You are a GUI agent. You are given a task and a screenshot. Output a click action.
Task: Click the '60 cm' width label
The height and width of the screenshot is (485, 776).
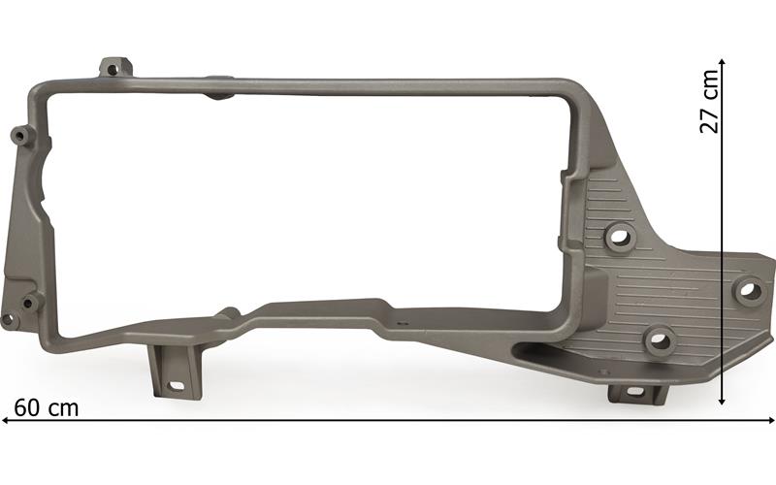coord(46,408)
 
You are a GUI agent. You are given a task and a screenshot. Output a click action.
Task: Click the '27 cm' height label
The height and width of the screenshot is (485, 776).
coord(709,102)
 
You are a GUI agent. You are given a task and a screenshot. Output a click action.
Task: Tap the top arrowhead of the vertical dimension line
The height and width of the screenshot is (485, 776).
coord(722,62)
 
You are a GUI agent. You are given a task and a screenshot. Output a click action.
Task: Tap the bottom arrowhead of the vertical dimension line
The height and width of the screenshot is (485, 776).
coord(722,401)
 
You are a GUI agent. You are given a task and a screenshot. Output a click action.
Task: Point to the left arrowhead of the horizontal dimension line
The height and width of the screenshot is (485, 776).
coord(5,421)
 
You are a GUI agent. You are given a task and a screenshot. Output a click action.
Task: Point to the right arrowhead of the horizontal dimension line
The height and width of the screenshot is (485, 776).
coord(771,421)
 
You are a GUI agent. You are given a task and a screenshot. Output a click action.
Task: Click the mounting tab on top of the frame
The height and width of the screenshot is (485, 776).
coord(115,68)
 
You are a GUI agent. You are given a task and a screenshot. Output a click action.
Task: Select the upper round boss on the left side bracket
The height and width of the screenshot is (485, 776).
coord(20,135)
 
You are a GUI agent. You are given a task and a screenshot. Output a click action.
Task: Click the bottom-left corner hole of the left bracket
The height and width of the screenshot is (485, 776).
coord(8,319)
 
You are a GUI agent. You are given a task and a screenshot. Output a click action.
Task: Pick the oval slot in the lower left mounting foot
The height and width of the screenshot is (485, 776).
coord(176,385)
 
